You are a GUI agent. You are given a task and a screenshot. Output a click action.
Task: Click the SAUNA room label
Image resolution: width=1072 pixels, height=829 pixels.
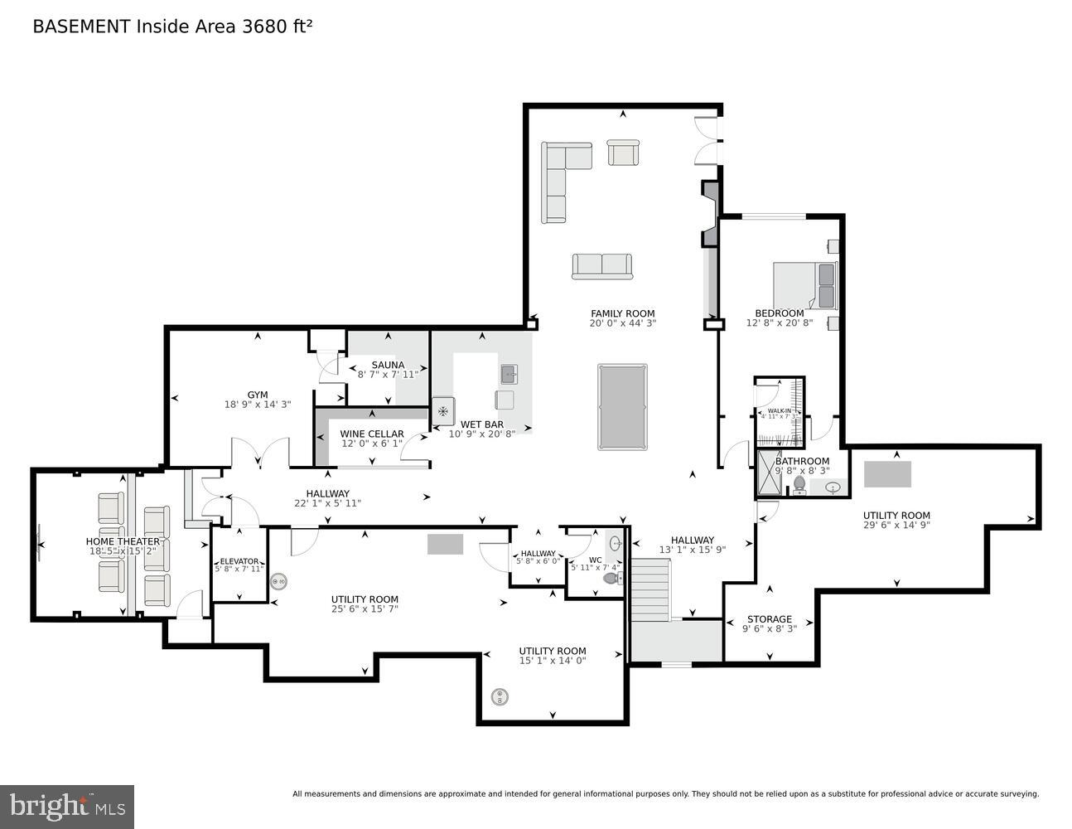pos(388,365)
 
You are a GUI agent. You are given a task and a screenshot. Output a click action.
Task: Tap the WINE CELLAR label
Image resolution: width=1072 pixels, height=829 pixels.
pos(372,434)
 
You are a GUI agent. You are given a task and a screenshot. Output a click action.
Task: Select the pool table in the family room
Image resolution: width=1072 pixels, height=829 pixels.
pos(622,407)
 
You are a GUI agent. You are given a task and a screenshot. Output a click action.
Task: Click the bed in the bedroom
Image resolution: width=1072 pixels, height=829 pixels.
pos(804,286)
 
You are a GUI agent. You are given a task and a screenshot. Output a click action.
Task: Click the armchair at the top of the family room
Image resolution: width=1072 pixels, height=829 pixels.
pos(623,153)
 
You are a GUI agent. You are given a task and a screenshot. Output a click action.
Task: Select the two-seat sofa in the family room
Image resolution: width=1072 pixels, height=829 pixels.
pos(601,266)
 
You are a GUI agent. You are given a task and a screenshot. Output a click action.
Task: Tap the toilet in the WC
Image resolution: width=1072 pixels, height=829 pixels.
pos(612,578)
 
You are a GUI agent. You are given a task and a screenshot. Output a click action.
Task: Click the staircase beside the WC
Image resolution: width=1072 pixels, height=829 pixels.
pos(651,589)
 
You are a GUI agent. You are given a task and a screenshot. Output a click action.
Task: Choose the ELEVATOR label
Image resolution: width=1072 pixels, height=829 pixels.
pos(239,560)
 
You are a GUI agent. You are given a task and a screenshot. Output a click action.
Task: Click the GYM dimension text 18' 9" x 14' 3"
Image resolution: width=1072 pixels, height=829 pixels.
pos(258,405)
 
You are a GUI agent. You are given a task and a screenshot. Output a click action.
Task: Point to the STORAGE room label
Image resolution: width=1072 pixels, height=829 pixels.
pos(769,619)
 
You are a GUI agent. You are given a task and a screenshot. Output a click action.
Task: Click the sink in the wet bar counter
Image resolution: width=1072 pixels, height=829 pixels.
pos(509,374)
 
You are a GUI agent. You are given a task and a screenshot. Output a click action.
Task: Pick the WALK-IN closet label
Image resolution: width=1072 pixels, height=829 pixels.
pos(779,410)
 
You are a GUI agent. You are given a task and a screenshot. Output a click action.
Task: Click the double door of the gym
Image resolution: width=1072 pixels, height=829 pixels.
pos(260,453)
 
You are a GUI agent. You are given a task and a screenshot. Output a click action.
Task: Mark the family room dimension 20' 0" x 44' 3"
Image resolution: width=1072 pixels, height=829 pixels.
pos(622,323)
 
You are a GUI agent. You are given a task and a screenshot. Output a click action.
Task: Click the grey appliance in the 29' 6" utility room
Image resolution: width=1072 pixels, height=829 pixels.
pos(887,474)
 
